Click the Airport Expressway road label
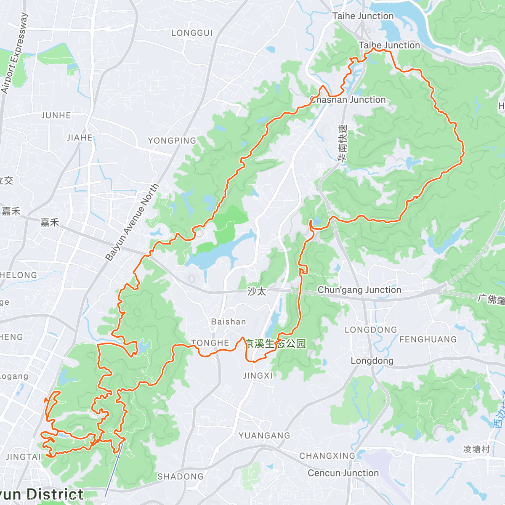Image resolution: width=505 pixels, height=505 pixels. (14, 53)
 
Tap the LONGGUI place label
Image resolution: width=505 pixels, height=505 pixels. (192, 33)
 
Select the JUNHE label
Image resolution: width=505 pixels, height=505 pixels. (56, 115)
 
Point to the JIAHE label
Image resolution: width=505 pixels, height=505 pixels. (80, 138)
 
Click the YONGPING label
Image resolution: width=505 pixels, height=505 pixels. (172, 141)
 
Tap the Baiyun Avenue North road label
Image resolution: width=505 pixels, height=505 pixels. (132, 222)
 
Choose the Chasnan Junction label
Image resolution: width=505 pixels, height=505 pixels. (348, 100)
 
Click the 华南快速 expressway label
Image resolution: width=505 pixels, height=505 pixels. (343, 143)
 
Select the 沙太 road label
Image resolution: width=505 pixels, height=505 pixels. (257, 291)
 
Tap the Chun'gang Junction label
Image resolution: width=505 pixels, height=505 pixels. (359, 290)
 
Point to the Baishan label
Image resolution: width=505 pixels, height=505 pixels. (229, 322)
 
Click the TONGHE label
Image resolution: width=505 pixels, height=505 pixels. (210, 343)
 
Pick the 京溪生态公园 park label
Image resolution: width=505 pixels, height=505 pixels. (276, 343)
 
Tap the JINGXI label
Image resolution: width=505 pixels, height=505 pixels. (258, 375)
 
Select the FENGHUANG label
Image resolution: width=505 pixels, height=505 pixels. (428, 339)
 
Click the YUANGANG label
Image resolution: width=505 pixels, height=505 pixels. (264, 436)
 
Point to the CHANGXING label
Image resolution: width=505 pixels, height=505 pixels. (327, 456)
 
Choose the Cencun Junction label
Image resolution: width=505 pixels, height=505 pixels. (343, 473)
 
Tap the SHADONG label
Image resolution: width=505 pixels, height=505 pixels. (180, 476)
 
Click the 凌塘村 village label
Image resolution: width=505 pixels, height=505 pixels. (476, 449)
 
